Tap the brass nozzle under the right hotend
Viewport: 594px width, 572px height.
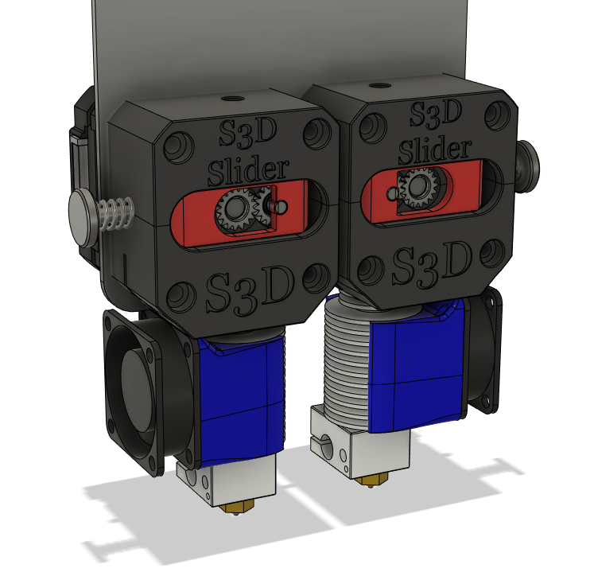[367, 479]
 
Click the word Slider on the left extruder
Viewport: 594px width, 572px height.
[247, 169]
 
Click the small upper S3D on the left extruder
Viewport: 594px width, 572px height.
[249, 133]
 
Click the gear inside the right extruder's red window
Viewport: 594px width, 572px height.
[417, 189]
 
